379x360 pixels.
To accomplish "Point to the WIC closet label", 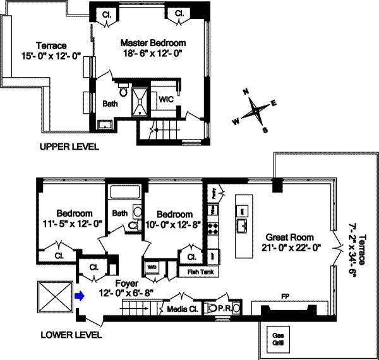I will click(165, 100).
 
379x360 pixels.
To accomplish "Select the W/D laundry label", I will click(151, 266).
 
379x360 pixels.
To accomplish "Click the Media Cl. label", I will click(181, 309).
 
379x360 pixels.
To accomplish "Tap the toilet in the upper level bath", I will click(124, 93).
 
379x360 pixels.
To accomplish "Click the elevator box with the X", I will click(52, 295).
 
